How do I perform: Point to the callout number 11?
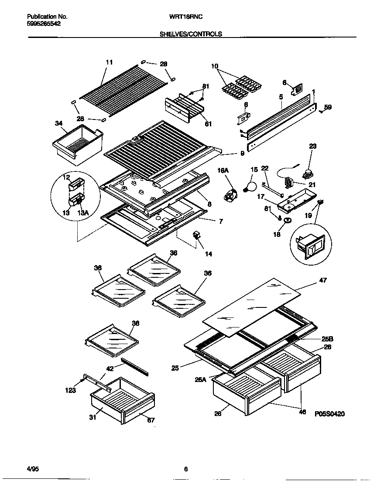109,62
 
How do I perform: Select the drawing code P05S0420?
329,414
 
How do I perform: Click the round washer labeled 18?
288,221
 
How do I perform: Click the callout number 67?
151,420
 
